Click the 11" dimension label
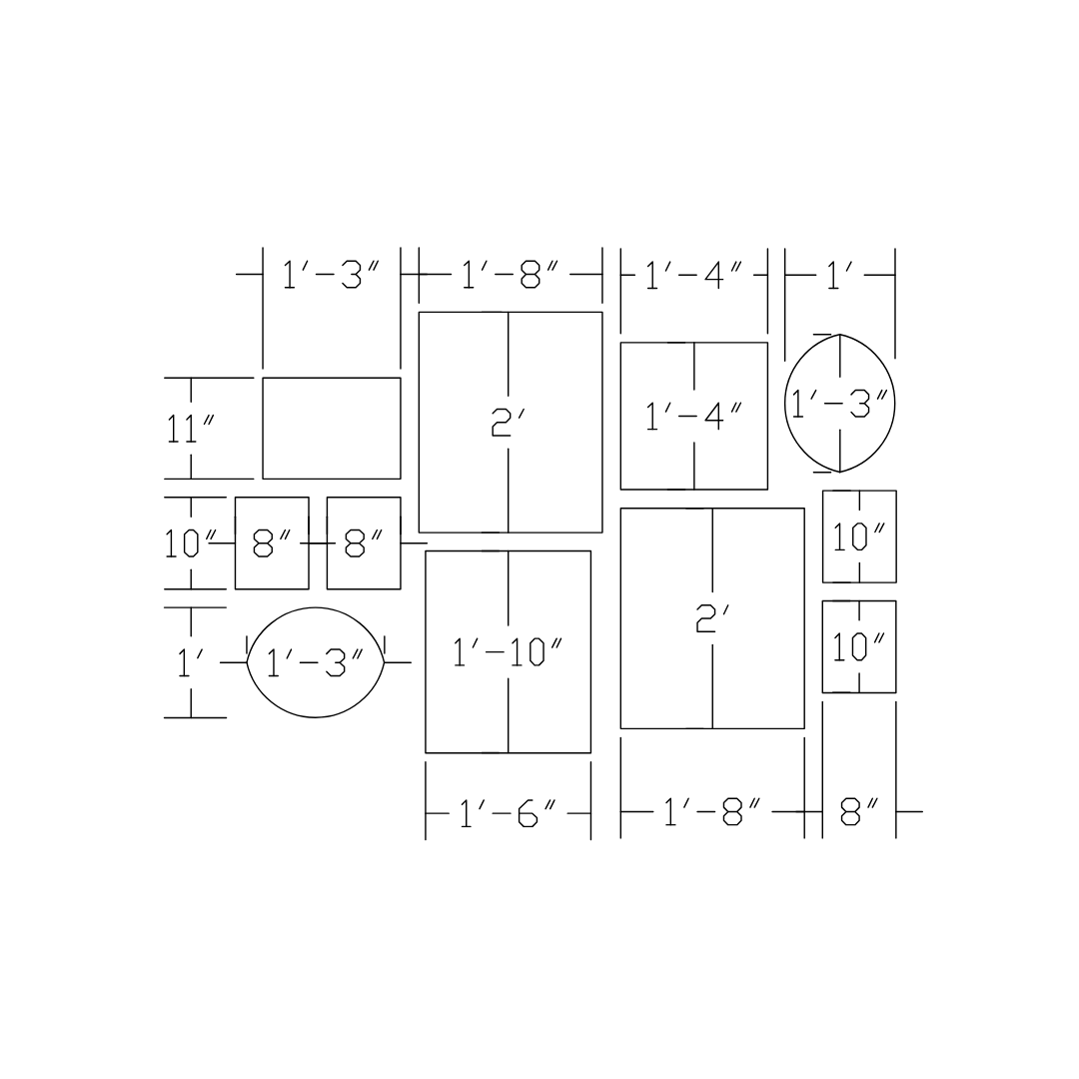click(x=191, y=430)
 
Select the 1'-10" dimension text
click(x=508, y=652)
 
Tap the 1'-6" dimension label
click(x=508, y=812)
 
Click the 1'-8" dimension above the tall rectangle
click(x=510, y=274)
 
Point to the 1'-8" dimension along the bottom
click(x=712, y=812)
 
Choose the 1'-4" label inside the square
click(x=693, y=417)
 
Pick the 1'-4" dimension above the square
click(x=693, y=276)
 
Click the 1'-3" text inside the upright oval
click(x=839, y=404)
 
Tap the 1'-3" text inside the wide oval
click(x=315, y=663)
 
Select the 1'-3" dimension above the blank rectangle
click(x=331, y=274)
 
